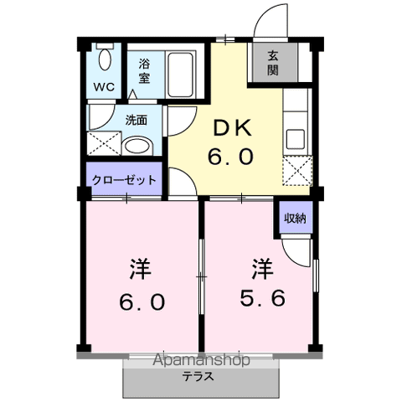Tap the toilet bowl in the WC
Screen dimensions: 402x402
click(104, 59)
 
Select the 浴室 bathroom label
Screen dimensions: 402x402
click(144, 70)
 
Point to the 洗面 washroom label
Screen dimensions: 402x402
click(137, 120)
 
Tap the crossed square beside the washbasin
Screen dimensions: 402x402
click(103, 143)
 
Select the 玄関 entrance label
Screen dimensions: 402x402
click(274, 64)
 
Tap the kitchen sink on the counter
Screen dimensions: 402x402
click(295, 137)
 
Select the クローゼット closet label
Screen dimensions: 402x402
click(123, 178)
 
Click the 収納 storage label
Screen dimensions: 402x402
click(294, 219)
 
